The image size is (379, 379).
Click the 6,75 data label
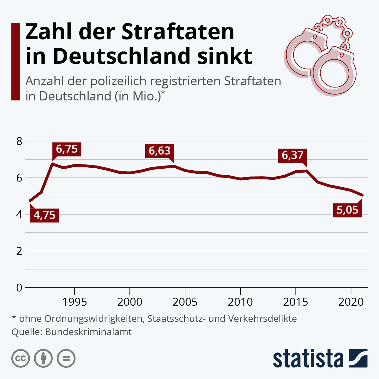point(67,149)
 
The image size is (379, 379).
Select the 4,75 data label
point(45,215)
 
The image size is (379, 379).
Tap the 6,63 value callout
point(159,151)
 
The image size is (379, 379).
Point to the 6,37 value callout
point(292,155)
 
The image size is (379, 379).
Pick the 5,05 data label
point(347,210)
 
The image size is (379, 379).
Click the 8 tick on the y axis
point(20,141)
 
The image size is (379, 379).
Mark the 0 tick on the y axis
point(20,288)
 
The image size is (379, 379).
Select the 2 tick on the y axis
point(20,251)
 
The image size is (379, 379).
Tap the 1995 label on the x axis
point(75,302)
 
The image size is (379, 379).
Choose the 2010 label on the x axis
point(240,302)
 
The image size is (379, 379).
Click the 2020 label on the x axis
point(351,302)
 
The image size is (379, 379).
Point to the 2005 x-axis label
point(185,302)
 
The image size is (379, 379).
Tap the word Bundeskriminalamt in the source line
point(88,332)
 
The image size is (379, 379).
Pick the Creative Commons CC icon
point(21,358)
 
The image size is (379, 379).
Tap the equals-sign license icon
point(66,358)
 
